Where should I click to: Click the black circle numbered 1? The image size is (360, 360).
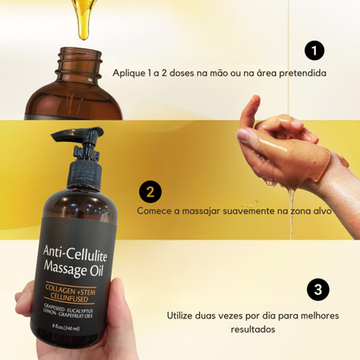(316, 49)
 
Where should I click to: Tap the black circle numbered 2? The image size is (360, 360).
(150, 191)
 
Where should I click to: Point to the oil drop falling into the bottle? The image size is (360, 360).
(84, 26)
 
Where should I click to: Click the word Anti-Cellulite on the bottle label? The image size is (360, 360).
(84, 252)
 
